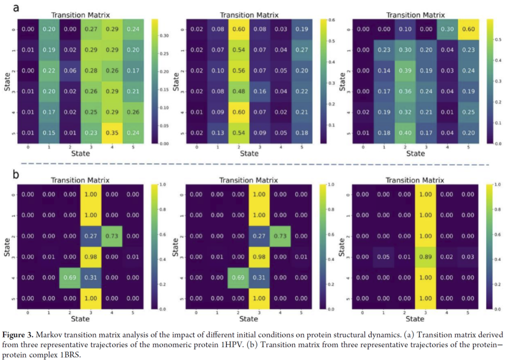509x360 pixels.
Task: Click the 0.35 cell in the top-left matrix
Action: [x=113, y=132]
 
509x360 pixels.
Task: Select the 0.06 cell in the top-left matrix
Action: [x=70, y=70]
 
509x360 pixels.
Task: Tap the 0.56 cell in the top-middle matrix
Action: [x=238, y=70]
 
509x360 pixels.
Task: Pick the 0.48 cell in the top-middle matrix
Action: [x=238, y=91]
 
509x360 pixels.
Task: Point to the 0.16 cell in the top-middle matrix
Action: [x=260, y=91]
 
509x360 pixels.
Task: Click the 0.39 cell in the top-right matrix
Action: [x=405, y=70]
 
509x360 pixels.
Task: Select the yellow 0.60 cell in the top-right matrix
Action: [x=468, y=29]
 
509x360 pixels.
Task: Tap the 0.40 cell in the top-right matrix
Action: [x=405, y=132]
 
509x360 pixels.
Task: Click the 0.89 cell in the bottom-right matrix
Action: [x=426, y=256]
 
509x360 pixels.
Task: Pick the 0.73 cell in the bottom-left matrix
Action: [x=113, y=236]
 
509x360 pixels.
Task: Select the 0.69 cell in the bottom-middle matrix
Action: [x=238, y=277]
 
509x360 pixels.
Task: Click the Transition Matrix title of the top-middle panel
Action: [x=249, y=15]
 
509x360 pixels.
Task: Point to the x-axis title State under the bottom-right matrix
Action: [x=415, y=319]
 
